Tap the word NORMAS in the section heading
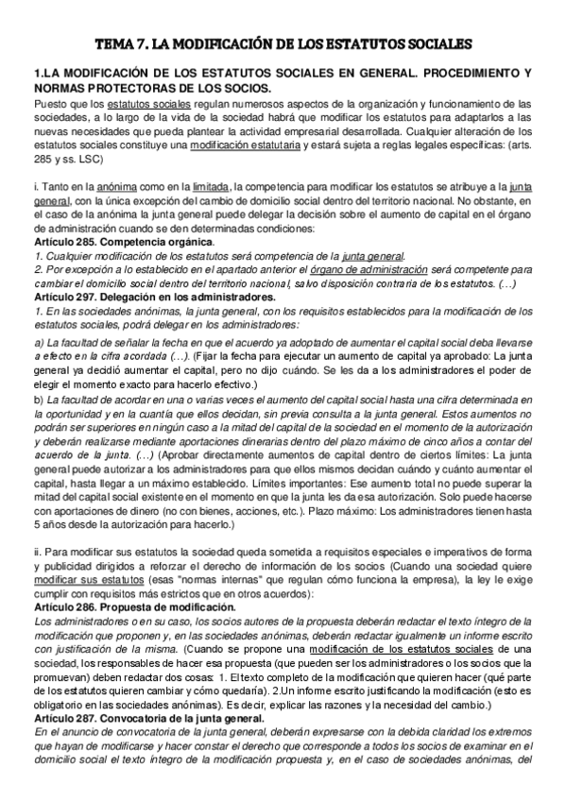point(59,87)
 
